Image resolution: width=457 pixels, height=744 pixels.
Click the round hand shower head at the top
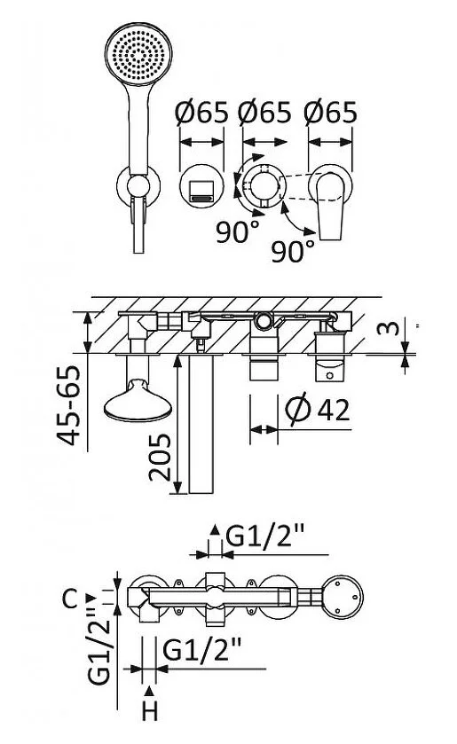(138, 55)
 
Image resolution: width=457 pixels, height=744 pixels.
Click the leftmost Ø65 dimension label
(201, 113)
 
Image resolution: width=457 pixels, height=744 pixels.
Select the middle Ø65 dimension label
(264, 113)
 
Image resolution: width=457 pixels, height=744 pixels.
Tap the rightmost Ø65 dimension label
(331, 113)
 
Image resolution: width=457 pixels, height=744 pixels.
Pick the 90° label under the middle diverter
(238, 232)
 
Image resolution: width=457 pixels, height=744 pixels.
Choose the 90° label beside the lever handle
(293, 251)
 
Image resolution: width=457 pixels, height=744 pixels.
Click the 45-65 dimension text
(69, 405)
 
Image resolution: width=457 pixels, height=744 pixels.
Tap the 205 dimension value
(159, 458)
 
